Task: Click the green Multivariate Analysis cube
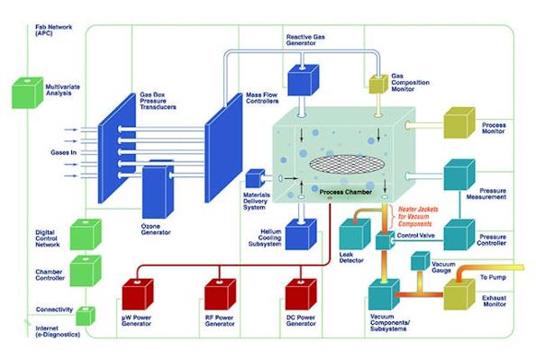28,93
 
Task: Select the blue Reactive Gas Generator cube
304,80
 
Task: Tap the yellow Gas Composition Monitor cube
378,84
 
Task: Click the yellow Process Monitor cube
459,122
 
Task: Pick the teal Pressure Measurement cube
459,175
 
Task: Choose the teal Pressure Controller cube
459,235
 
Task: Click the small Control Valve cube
385,240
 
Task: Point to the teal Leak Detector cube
355,234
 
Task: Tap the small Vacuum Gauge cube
420,261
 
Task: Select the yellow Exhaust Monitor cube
459,294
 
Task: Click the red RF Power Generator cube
220,294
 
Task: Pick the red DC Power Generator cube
301,294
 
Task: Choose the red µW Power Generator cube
138,294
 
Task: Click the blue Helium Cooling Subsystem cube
301,234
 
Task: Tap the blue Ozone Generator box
158,189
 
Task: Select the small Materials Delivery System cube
255,178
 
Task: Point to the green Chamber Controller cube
86,271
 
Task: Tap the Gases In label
64,153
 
